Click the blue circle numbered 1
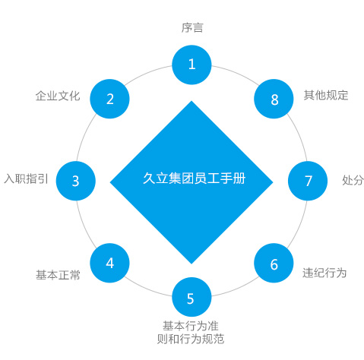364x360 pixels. click(x=191, y=65)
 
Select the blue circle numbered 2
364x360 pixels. click(x=110, y=99)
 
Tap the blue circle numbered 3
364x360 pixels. click(x=75, y=181)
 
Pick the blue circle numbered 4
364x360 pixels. click(x=110, y=263)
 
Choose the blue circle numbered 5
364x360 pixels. click(x=191, y=298)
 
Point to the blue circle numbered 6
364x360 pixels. click(x=274, y=264)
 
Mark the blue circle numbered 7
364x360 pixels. click(x=309, y=181)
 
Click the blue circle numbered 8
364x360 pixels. click(x=274, y=99)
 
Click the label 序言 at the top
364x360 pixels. click(x=191, y=28)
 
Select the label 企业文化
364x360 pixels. click(x=58, y=96)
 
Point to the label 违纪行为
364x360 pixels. click(x=324, y=273)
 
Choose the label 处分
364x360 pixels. click(x=353, y=181)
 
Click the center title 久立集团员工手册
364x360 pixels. click(x=191, y=181)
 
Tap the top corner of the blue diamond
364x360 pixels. click(x=191, y=102)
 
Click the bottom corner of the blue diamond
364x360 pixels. click(x=191, y=261)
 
